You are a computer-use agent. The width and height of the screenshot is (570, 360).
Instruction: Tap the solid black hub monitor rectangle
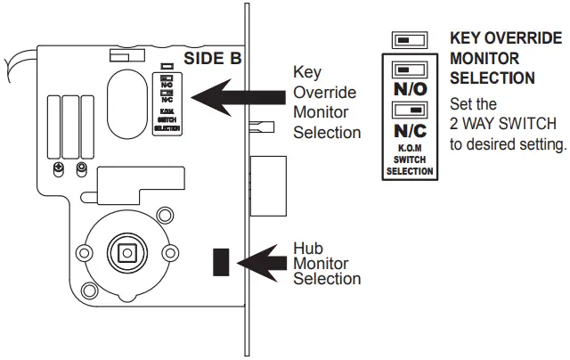click(x=220, y=260)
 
